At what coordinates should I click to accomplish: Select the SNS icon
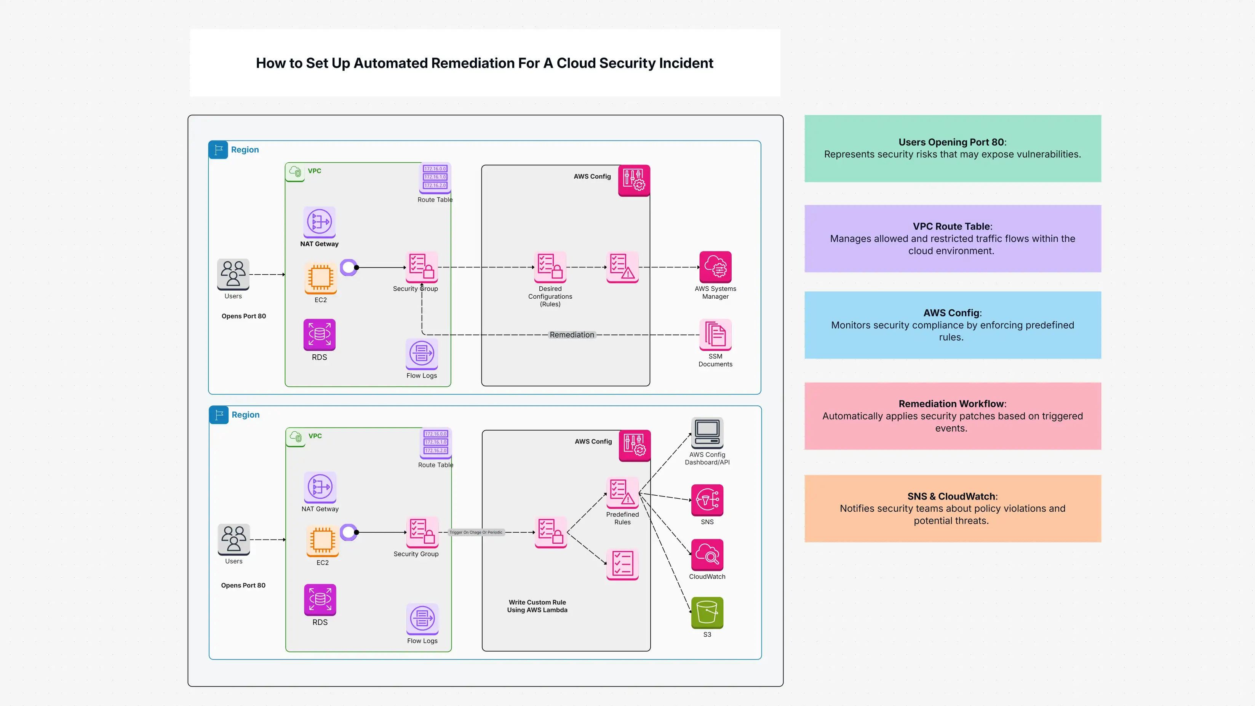tap(707, 500)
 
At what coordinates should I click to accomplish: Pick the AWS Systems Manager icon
tap(715, 267)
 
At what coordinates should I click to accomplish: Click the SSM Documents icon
tap(715, 334)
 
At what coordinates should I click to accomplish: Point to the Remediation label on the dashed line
tap(572, 335)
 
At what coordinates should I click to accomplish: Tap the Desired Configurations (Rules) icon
tap(550, 267)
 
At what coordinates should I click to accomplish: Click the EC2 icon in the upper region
tap(321, 278)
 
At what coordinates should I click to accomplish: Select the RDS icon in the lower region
tap(320, 599)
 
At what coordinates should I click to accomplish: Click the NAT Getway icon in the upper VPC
tap(319, 222)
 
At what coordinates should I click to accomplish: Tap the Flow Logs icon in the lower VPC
tap(422, 619)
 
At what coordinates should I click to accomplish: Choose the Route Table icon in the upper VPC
tap(435, 177)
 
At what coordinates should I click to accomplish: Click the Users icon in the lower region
tap(234, 538)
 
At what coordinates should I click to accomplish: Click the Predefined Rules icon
tap(622, 493)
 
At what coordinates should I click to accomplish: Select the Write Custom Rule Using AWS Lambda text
tap(537, 606)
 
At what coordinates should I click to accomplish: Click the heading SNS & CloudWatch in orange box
tap(952, 496)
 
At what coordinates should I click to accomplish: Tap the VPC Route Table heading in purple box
tap(952, 226)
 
